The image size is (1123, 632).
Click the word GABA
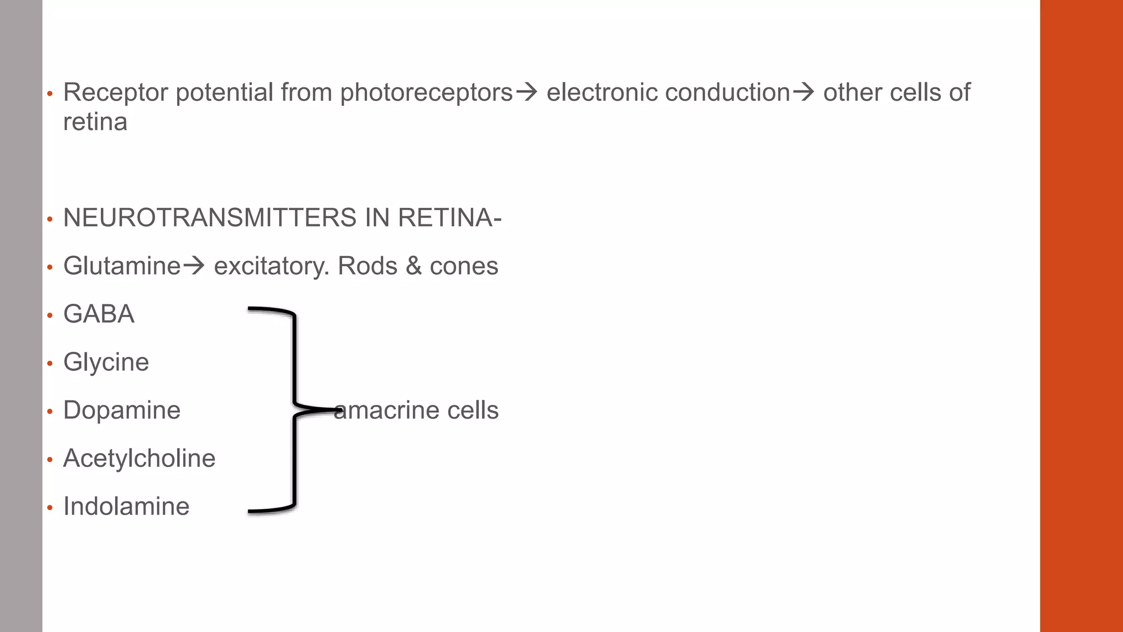99,314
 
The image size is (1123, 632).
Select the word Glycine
106,363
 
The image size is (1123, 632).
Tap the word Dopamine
122,410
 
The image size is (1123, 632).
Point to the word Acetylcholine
139,459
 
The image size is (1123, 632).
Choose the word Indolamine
126,506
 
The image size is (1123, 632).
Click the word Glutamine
122,266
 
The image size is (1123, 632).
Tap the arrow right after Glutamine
194,267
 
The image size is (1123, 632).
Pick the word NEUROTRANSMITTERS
210,218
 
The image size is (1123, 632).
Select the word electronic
602,92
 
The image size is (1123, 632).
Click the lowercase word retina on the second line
95,122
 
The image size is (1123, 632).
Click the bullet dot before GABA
50,315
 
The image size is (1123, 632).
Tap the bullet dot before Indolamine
50,507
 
